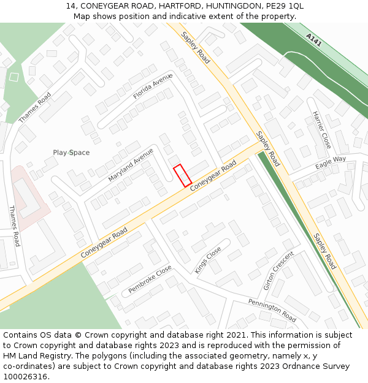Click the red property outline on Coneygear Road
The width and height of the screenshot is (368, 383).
click(182, 176)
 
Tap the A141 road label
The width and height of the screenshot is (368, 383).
click(313, 40)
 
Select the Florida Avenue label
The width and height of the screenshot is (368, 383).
click(153, 86)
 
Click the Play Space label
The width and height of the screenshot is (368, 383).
click(71, 153)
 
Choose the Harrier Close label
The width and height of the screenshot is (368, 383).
click(321, 130)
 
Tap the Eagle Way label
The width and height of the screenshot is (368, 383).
click(331, 163)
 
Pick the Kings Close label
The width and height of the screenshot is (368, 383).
click(209, 260)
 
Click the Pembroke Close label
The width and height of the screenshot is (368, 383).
click(150, 279)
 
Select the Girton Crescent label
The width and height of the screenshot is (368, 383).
click(278, 270)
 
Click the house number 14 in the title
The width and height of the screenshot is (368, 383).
click(71, 6)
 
